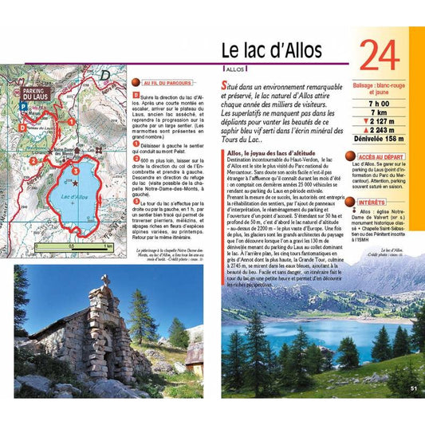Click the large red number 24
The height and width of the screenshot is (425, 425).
tap(380, 58)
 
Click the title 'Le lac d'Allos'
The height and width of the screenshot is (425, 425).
tap(272, 50)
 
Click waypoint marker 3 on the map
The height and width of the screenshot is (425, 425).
tap(75, 171)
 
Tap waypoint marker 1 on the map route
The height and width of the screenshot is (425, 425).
tap(71, 121)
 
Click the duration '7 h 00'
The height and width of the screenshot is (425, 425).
tap(379, 104)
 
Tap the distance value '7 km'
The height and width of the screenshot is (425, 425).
tap(379, 113)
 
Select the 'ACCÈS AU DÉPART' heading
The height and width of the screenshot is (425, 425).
tap(380, 158)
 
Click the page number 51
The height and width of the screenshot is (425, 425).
tap(414, 388)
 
